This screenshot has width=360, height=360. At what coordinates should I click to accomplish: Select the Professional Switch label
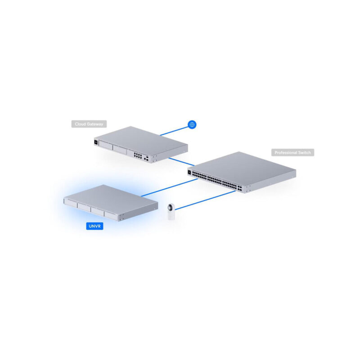click(293, 153)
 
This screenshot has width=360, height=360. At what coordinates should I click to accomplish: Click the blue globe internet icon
click(192, 124)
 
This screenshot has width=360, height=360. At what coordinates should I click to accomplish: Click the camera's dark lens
click(170, 208)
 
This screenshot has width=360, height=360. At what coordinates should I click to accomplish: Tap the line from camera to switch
click(205, 200)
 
